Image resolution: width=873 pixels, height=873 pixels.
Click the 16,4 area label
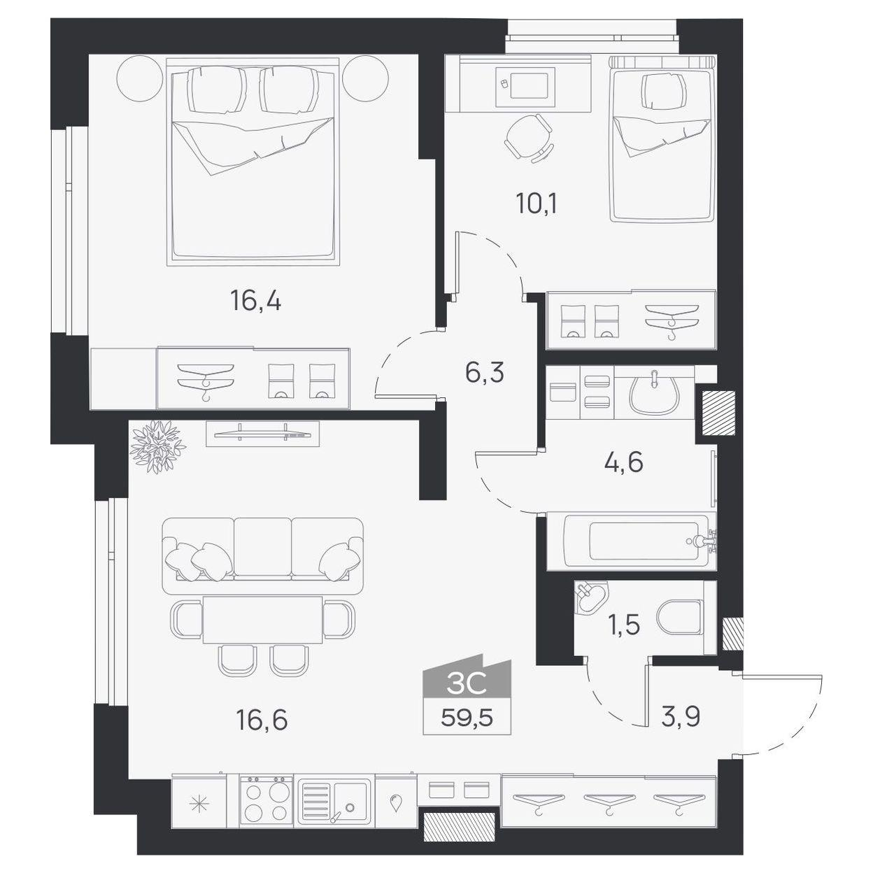255,300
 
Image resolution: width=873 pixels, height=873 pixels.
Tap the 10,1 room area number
536,204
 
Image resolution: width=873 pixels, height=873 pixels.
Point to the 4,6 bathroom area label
624,462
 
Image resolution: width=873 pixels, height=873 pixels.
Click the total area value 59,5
467,718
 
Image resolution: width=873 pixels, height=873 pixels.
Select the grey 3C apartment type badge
467,679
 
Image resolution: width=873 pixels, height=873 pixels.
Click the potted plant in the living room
157,446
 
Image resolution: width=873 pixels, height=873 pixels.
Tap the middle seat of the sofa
263,549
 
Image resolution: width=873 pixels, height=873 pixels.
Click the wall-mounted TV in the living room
262,434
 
